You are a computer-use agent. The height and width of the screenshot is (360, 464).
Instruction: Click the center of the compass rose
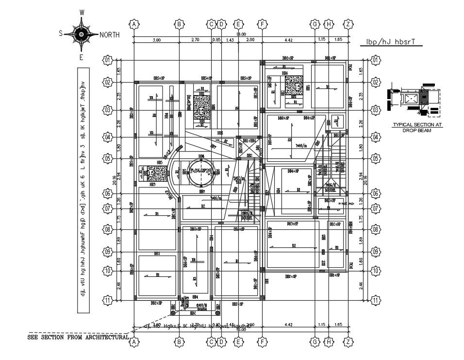81,34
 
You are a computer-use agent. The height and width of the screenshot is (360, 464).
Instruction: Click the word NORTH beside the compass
110,35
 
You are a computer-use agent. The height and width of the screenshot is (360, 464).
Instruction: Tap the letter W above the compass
82,12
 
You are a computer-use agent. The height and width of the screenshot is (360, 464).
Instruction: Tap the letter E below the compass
82,57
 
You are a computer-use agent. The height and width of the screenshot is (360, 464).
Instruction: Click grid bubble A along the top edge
135,24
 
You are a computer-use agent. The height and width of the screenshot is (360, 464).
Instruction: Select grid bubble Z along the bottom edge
348,343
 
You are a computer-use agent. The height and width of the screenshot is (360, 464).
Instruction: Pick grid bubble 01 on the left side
107,60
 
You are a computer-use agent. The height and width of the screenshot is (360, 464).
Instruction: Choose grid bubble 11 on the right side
375,301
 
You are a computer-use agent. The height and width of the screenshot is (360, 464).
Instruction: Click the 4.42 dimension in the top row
288,40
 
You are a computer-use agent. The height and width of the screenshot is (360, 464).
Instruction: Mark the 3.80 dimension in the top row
157,40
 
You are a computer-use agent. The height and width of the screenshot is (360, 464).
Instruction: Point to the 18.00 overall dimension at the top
241,34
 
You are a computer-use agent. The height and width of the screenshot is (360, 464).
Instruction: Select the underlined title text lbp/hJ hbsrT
390,42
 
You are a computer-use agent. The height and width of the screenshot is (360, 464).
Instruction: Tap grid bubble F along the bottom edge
262,343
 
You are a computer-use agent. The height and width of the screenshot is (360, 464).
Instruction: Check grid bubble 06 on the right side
375,193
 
